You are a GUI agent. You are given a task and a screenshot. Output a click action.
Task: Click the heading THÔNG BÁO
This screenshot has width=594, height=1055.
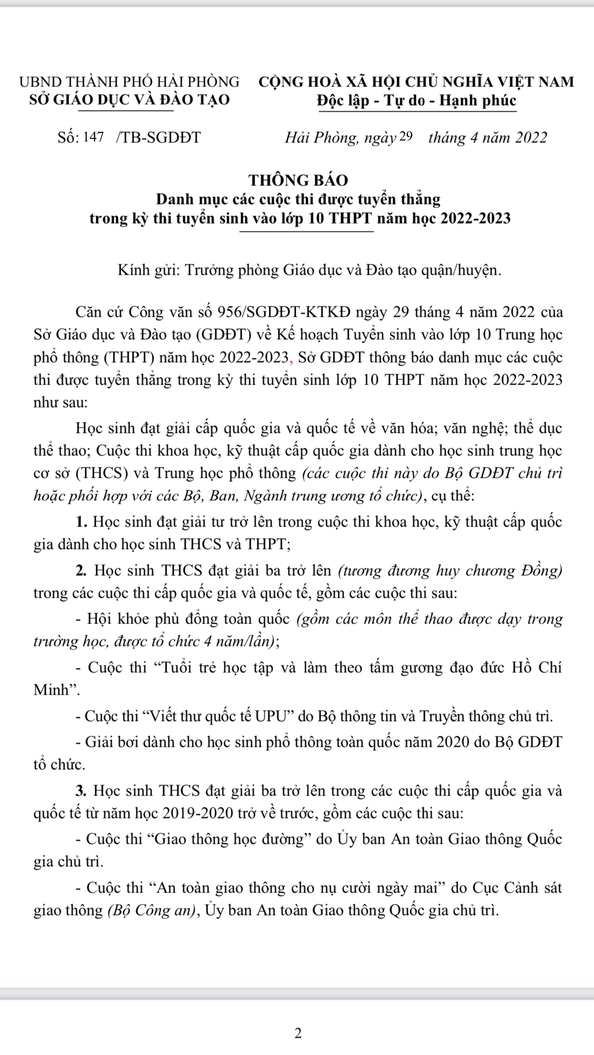pos(298,180)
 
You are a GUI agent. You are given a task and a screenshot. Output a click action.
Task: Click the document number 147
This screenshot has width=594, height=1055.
pos(93,138)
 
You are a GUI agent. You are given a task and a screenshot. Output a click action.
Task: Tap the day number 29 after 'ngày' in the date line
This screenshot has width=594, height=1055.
pos(405,137)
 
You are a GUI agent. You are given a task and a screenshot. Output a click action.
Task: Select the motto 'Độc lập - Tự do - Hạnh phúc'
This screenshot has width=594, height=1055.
pos(417,101)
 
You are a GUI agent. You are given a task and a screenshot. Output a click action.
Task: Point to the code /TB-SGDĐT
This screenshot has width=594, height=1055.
pos(158,138)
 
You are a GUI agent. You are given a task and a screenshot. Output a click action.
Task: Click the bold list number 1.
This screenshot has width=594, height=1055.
pos(81,522)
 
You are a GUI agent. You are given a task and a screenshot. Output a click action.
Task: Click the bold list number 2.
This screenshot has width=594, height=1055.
pos(81,571)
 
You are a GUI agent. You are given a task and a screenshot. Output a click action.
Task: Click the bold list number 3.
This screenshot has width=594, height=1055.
pos(81,791)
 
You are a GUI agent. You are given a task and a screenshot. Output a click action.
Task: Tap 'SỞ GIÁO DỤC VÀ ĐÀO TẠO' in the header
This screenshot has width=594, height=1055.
pos(129,100)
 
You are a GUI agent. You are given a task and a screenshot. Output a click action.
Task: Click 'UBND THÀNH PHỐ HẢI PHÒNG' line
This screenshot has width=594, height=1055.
pos(129,82)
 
